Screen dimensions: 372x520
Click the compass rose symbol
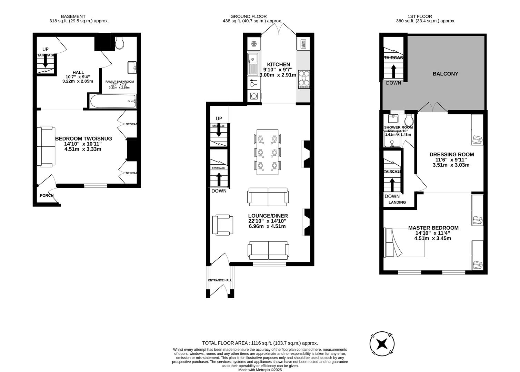click(x=382, y=344)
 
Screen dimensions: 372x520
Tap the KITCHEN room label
click(x=279, y=64)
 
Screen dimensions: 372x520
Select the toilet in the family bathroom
click(x=120, y=43)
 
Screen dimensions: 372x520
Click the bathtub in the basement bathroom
click(x=113, y=101)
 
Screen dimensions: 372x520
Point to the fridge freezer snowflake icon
click(x=254, y=44)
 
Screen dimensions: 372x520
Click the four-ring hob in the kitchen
click(x=304, y=79)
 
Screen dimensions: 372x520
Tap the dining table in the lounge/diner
click(x=268, y=152)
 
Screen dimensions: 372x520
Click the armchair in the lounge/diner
click(x=222, y=225)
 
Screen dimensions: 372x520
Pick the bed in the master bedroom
click(x=404, y=242)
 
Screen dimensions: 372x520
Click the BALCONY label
click(x=445, y=74)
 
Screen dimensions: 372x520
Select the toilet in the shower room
click(x=409, y=120)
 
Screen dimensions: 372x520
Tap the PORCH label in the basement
click(x=47, y=195)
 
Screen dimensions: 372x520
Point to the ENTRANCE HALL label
click(x=220, y=280)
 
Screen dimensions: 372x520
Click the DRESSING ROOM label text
click(x=451, y=154)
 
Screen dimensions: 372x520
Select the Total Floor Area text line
click(x=260, y=343)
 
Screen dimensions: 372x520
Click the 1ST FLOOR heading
click(x=420, y=16)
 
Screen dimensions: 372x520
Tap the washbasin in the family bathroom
click(x=132, y=67)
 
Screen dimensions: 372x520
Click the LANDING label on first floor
click(x=397, y=202)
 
